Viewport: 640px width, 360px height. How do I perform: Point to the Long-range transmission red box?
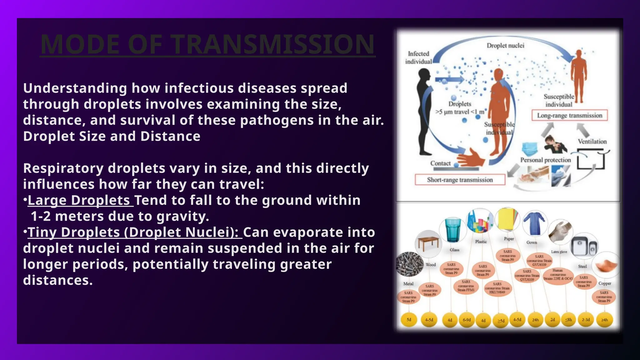click(x=569, y=115)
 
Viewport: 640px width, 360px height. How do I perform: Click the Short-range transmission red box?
click(x=460, y=180)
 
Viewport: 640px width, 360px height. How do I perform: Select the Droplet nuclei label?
click(x=505, y=46)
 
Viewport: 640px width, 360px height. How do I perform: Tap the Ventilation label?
click(x=592, y=142)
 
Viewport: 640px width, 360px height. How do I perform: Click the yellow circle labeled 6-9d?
click(x=467, y=320)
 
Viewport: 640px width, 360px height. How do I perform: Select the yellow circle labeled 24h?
click(x=535, y=320)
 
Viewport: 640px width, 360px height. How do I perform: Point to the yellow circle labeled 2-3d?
click(x=586, y=320)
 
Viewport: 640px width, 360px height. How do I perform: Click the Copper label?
click(x=605, y=283)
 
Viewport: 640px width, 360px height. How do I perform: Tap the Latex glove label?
click(x=559, y=252)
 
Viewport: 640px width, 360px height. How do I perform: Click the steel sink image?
click(x=584, y=246)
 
